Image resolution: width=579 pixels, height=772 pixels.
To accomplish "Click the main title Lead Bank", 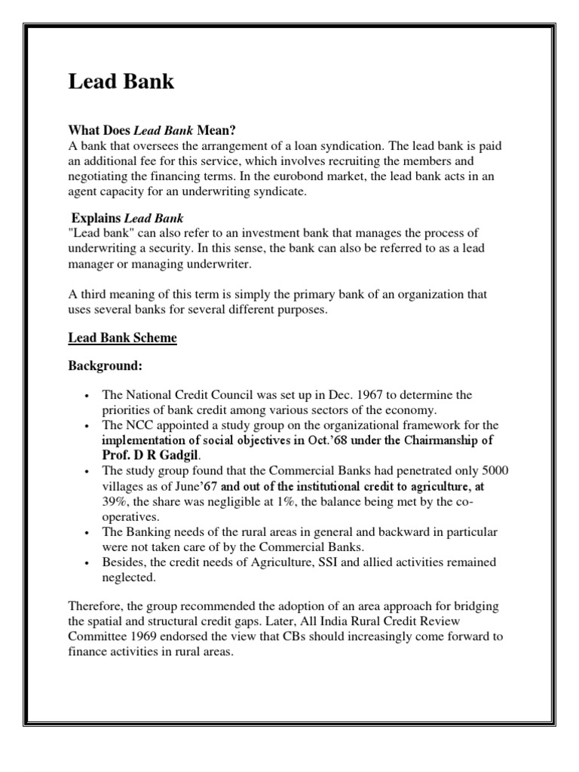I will [x=121, y=82].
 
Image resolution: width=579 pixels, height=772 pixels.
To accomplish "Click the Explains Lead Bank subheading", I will [x=127, y=219].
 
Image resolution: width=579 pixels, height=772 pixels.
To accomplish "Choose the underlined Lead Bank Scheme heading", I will [x=122, y=339].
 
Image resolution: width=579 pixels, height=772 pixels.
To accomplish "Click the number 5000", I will [x=495, y=470].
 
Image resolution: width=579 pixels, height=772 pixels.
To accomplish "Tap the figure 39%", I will [x=115, y=501].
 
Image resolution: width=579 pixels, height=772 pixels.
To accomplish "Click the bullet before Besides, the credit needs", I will [x=89, y=563].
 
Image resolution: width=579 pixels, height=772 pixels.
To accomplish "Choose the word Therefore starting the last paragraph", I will [x=96, y=607].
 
